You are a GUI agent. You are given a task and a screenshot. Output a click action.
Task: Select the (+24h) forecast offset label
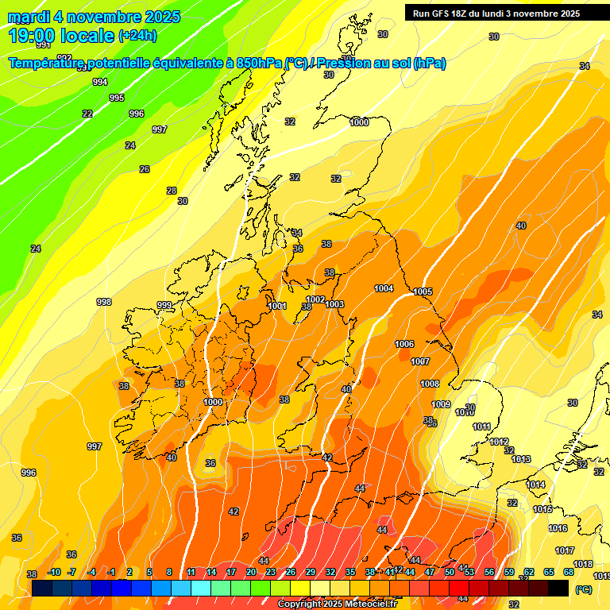tap(137, 36)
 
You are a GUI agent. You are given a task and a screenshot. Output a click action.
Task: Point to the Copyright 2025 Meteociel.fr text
tap(337, 604)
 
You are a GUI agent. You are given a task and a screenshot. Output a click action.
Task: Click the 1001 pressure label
tap(277, 306)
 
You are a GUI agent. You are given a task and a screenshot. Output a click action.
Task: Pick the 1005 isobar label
tap(423, 291)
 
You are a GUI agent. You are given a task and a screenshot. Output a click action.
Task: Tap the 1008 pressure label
tap(430, 384)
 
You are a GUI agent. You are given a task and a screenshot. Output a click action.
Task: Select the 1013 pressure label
tap(521, 459)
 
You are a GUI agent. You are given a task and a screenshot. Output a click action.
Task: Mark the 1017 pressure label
tap(565, 550)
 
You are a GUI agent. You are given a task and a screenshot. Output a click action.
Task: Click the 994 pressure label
tap(100, 82)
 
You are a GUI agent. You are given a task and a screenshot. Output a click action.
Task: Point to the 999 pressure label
tap(164, 305)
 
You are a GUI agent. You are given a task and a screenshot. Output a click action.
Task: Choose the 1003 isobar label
tap(334, 304)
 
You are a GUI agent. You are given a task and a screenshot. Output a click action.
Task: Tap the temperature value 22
tap(87, 114)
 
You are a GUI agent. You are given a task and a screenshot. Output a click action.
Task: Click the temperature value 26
tap(145, 169)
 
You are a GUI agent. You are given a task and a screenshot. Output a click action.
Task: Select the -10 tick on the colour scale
tap(54, 572)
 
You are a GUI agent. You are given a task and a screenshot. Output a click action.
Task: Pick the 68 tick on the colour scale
tap(569, 572)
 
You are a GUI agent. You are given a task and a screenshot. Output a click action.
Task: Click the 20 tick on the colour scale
tap(251, 572)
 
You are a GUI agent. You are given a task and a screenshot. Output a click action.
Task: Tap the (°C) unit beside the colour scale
tap(583, 589)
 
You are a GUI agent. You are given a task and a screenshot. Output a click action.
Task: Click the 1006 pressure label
tap(404, 344)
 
